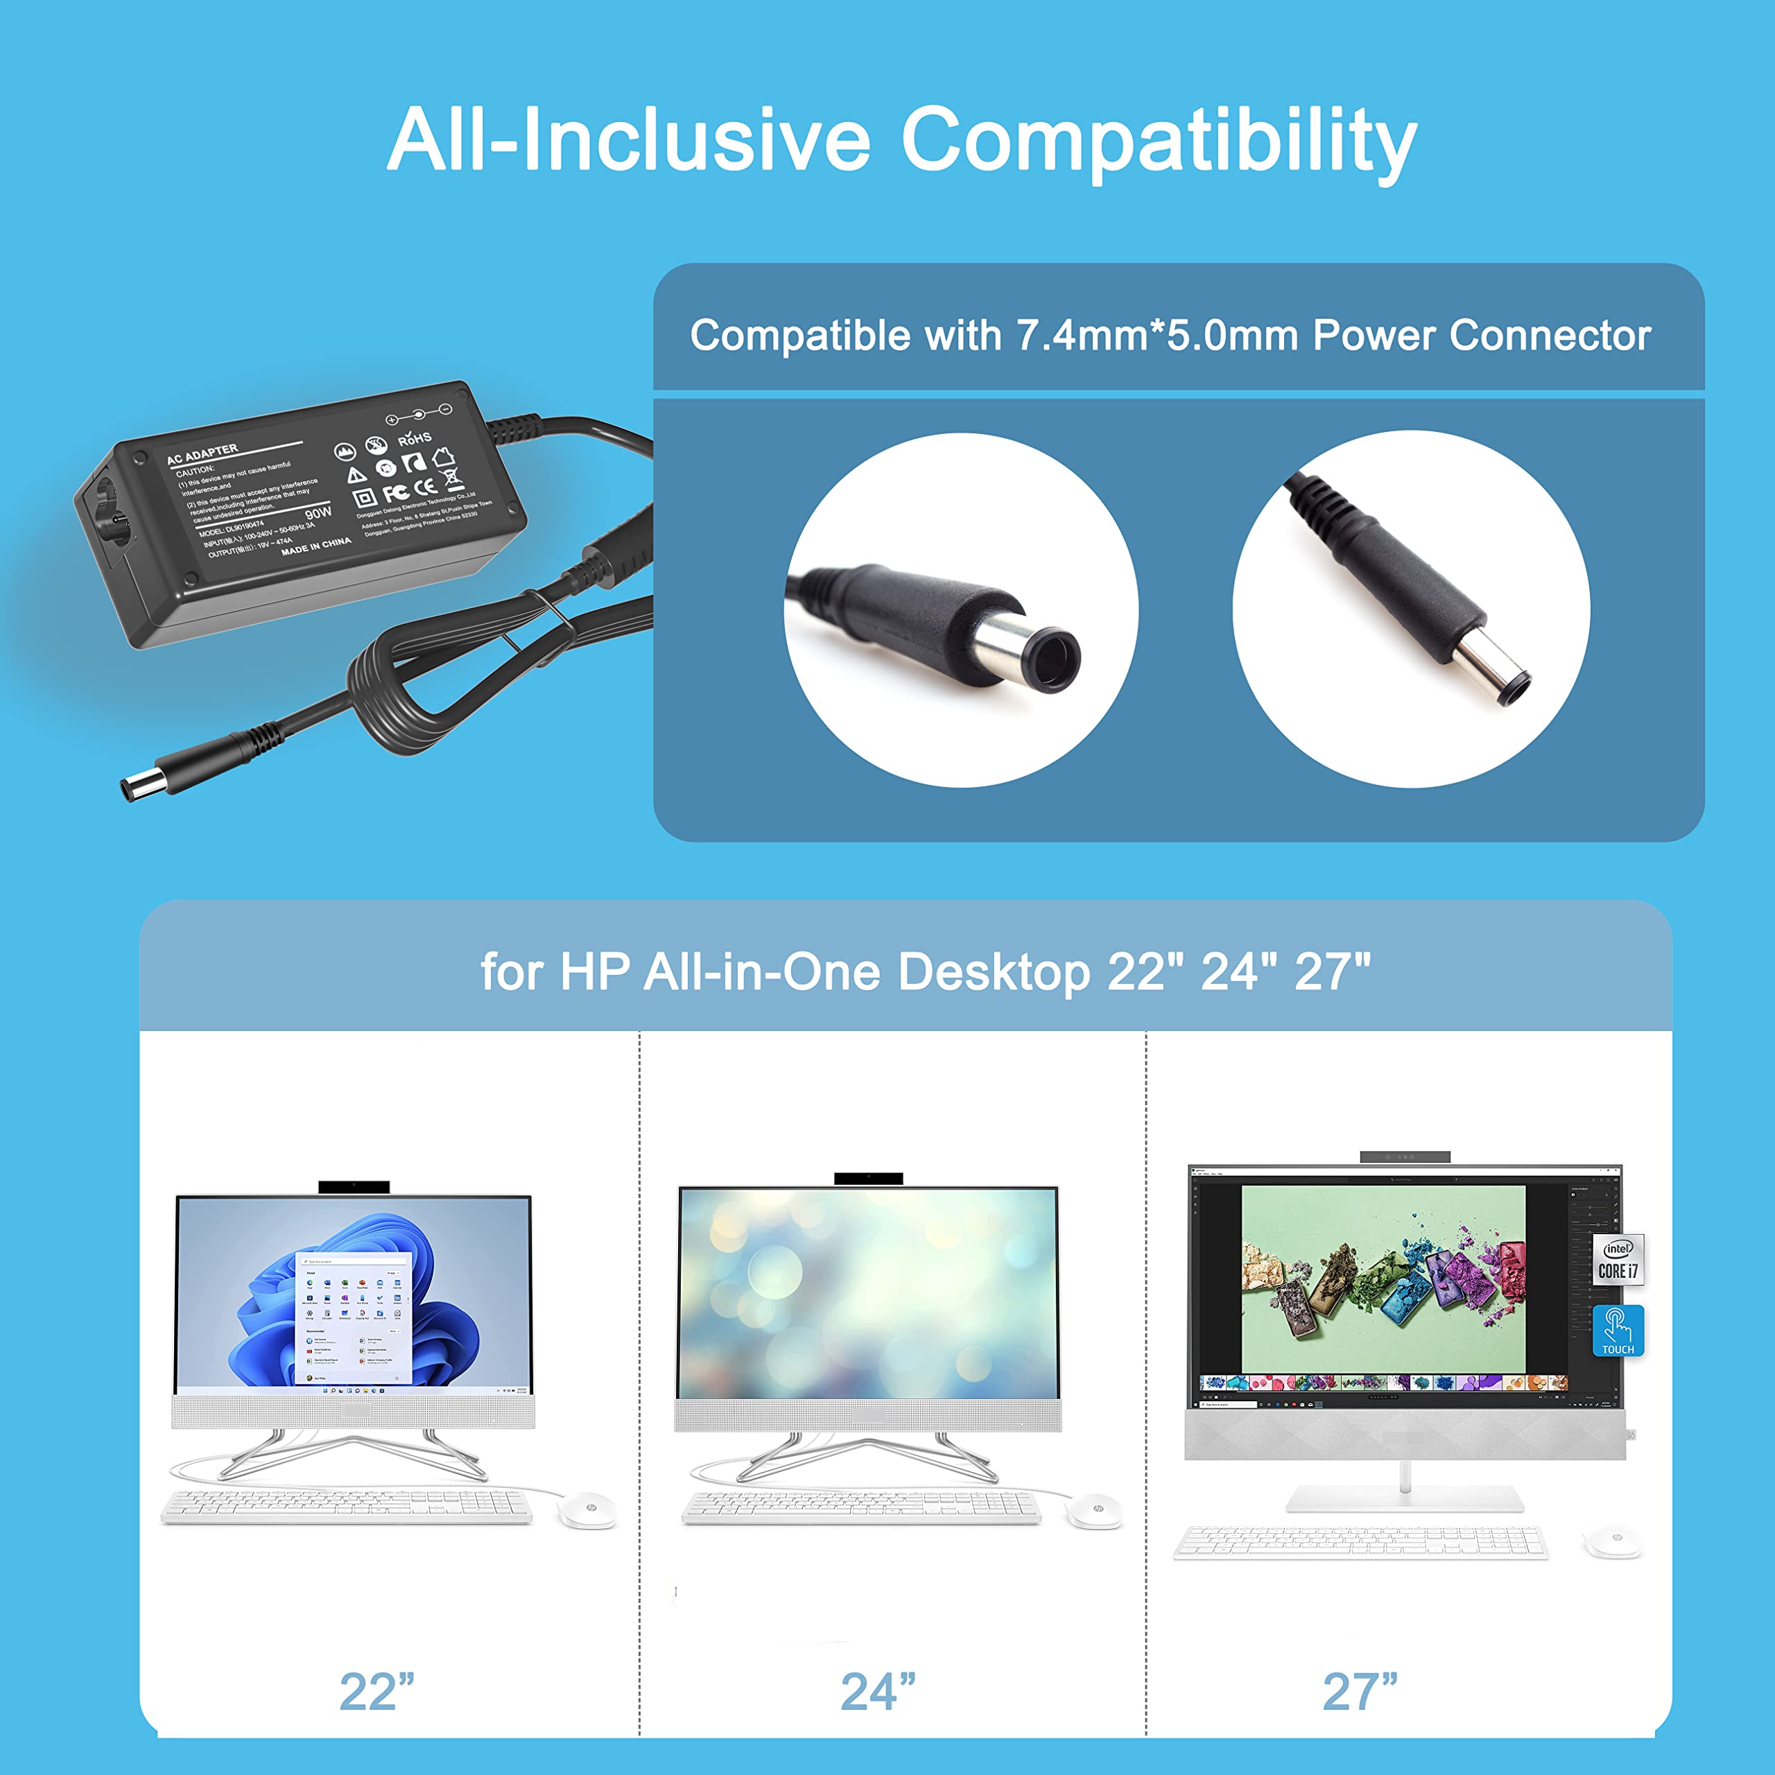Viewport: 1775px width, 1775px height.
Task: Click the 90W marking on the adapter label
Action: (x=318, y=512)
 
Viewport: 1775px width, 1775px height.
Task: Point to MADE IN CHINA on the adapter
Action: (x=316, y=546)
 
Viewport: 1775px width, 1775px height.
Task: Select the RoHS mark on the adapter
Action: (x=415, y=438)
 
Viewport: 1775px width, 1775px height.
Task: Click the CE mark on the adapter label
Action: (x=424, y=487)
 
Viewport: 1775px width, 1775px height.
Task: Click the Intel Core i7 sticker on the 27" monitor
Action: (x=1618, y=1261)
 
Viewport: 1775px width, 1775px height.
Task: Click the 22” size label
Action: (x=376, y=1692)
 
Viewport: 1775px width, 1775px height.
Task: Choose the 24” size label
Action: (x=878, y=1692)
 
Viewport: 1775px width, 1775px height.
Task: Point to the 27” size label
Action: (x=1360, y=1692)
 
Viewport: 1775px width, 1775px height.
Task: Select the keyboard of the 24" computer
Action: (x=861, y=1507)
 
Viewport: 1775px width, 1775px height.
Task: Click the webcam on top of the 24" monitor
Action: (x=868, y=1179)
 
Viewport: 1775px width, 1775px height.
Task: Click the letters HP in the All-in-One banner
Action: (x=594, y=971)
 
